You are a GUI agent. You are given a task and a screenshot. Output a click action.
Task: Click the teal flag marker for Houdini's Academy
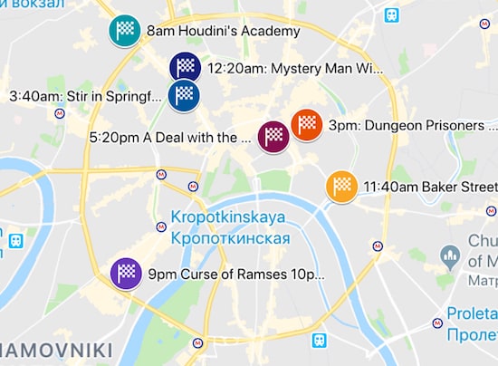click(x=125, y=31)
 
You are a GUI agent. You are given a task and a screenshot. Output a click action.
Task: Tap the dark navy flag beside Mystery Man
click(x=185, y=66)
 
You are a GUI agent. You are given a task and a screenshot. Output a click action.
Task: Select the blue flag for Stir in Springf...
click(x=184, y=94)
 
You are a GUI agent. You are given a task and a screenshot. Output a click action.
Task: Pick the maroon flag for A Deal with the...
click(x=273, y=137)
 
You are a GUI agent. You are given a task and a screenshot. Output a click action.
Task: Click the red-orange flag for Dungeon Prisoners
click(x=307, y=124)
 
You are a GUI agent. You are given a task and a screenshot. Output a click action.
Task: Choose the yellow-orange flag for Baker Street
click(x=341, y=187)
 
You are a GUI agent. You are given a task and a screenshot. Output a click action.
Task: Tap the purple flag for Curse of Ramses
click(x=126, y=273)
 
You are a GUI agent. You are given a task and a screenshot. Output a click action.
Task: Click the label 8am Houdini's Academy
click(x=223, y=32)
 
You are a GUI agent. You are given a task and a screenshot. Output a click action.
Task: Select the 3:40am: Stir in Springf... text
click(x=86, y=96)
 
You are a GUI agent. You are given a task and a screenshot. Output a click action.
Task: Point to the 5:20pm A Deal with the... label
click(x=171, y=138)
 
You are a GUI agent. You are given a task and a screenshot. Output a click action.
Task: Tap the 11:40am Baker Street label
click(x=429, y=188)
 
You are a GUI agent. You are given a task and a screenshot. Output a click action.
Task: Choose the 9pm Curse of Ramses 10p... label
click(x=235, y=274)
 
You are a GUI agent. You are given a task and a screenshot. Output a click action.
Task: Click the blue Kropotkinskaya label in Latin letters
click(x=228, y=217)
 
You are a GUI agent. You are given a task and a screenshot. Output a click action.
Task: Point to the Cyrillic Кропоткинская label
click(x=228, y=238)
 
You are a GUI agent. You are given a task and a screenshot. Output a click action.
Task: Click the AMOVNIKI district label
click(x=56, y=350)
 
